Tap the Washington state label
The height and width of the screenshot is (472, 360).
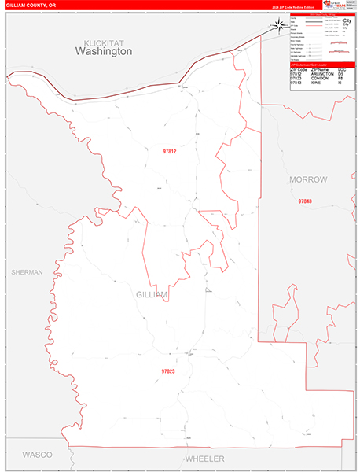coord(103,51)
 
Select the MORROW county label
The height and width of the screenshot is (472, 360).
coord(307,180)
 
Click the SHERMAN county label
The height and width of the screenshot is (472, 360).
coord(27,271)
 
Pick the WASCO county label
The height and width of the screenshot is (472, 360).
coord(36,455)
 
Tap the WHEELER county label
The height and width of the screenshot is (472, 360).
coord(204,459)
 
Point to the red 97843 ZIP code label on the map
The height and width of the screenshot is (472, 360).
coord(305,201)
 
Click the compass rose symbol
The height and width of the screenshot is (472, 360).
coord(281,25)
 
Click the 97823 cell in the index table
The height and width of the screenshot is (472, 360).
coord(296,79)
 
